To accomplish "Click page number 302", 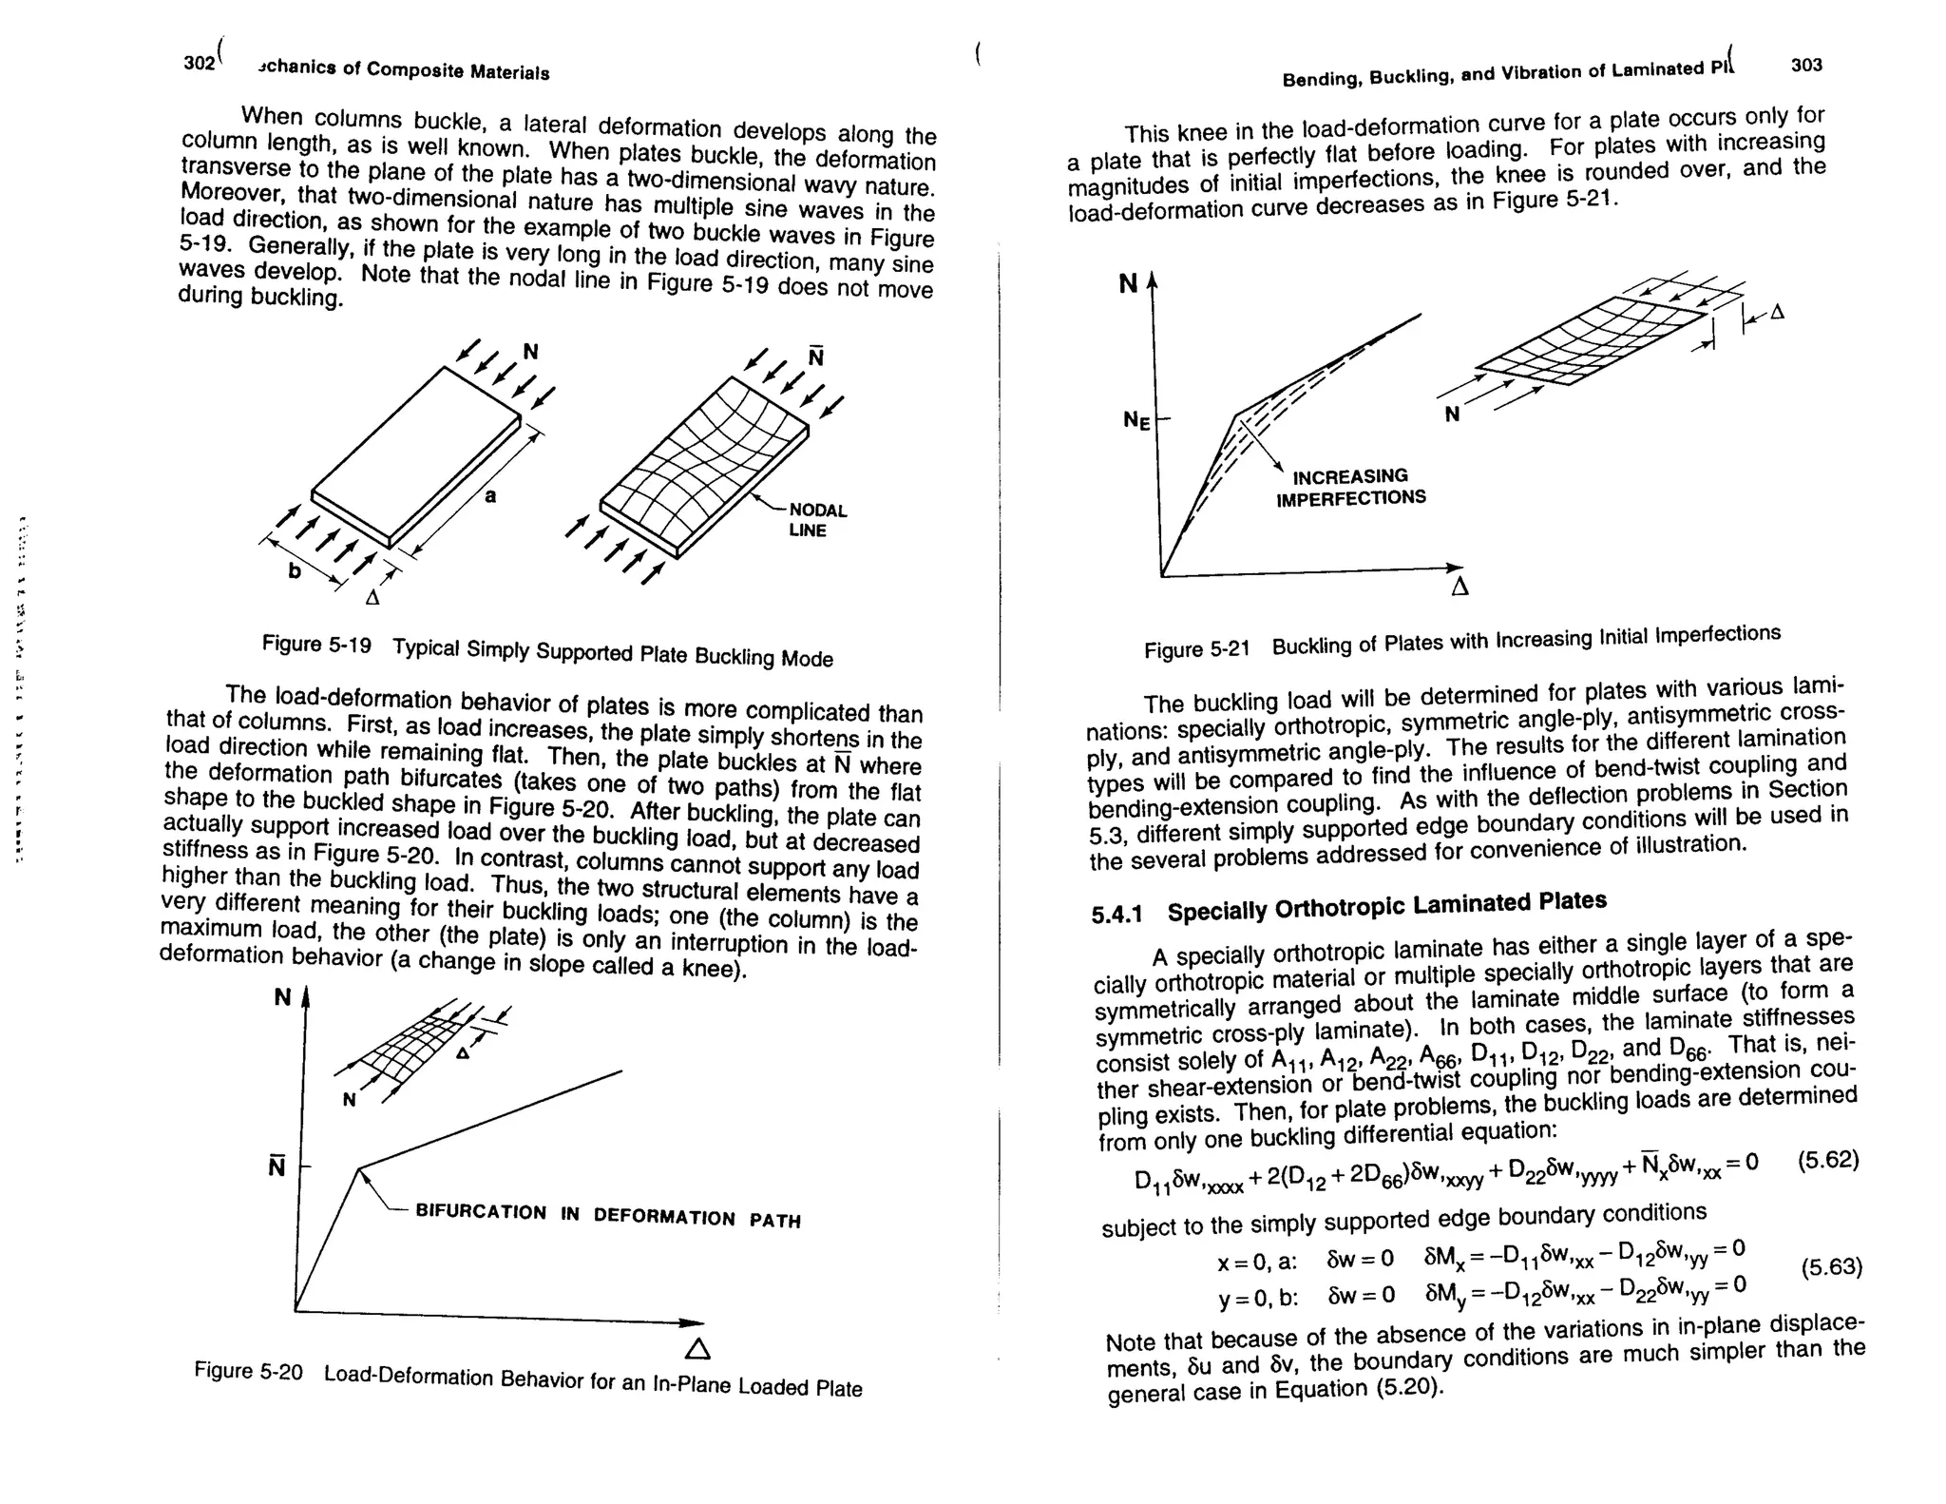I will [x=200, y=63].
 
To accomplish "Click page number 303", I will [x=1806, y=65].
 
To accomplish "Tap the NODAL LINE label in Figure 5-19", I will [x=816, y=520].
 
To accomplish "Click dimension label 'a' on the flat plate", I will [x=490, y=495].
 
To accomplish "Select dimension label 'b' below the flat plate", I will [x=295, y=570].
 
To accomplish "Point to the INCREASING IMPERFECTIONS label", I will [x=1350, y=487].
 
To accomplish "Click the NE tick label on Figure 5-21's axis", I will [x=1136, y=419].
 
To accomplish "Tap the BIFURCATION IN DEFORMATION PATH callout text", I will [x=608, y=1215].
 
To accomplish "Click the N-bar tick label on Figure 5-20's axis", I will [x=277, y=1166].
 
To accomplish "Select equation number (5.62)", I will [x=1828, y=1161].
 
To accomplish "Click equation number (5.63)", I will [x=1831, y=1267].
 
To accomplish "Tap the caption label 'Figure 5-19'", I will [x=316, y=645].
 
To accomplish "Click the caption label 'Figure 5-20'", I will [x=248, y=1371].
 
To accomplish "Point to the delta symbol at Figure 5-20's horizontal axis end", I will [x=696, y=1349].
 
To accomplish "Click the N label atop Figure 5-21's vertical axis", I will [x=1128, y=283].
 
